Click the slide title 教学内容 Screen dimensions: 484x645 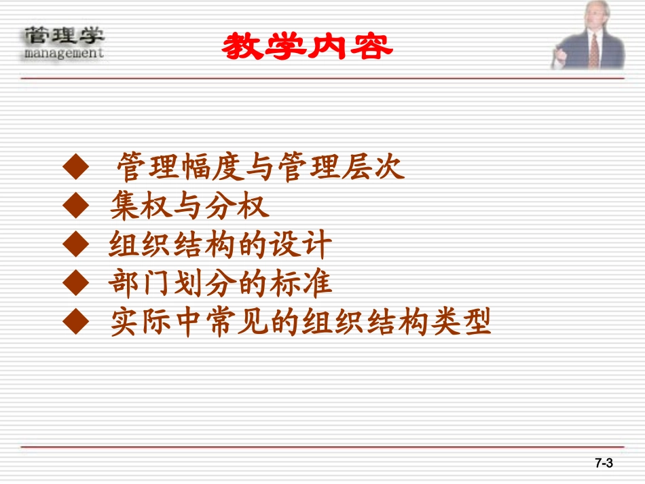308,46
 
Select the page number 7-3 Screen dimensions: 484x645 604,464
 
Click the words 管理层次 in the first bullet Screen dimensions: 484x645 344,167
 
